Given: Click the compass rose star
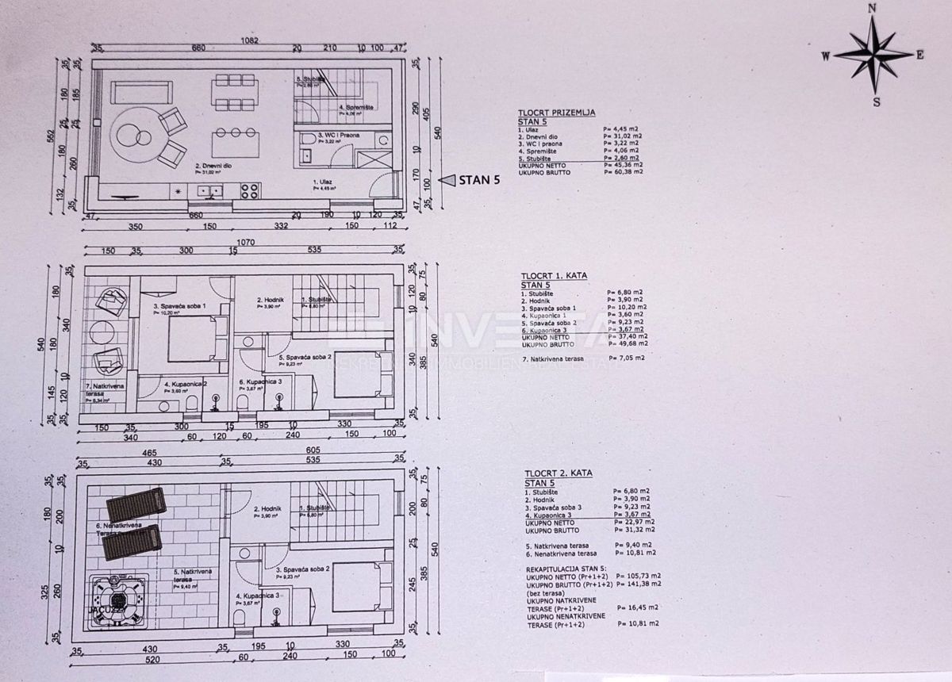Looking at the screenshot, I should click(x=873, y=55).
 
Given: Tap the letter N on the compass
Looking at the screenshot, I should click(x=872, y=8).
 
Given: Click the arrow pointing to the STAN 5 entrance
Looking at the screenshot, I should click(x=447, y=180).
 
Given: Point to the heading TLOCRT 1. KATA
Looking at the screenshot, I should click(x=554, y=275).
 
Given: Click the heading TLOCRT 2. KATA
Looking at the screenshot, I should click(x=556, y=473).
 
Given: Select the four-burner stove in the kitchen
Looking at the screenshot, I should click(x=250, y=190).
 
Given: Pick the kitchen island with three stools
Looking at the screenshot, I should click(x=236, y=143).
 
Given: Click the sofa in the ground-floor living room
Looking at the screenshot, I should click(x=140, y=93).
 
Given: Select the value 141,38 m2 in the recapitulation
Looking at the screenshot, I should click(x=644, y=584).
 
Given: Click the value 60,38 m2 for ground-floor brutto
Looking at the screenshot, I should click(x=623, y=171).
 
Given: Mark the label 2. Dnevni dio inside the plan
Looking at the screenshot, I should click(x=208, y=167).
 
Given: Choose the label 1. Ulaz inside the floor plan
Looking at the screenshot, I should click(x=323, y=182).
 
